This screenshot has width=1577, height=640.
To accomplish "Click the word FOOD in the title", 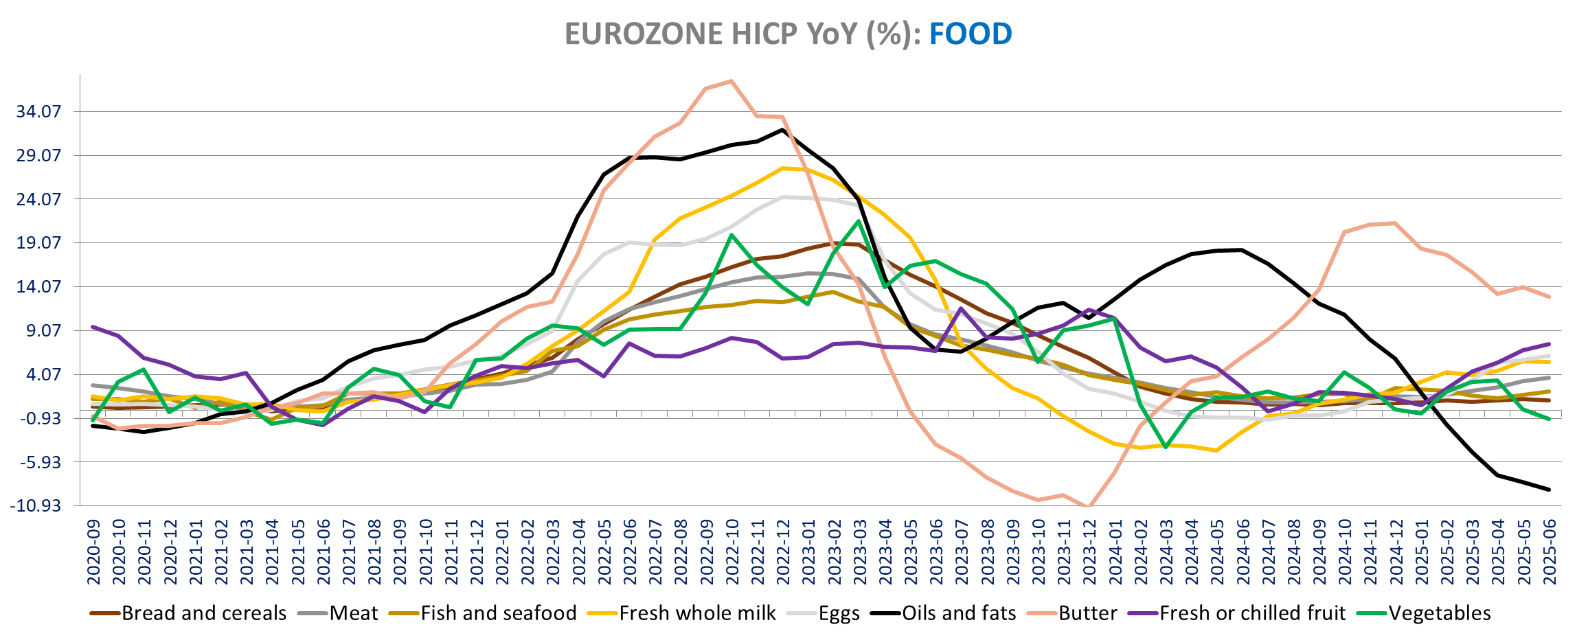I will click(x=970, y=34).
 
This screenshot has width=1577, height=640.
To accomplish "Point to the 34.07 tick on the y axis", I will click(x=38, y=111).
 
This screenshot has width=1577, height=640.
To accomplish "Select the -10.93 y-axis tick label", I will click(x=36, y=506).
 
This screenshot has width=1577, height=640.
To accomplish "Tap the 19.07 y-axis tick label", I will click(x=38, y=243).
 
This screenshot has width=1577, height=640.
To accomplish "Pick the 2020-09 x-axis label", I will click(x=93, y=551).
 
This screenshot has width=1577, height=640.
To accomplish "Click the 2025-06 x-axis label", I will click(x=1550, y=551).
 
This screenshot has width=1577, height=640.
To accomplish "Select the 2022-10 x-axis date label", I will click(x=732, y=551).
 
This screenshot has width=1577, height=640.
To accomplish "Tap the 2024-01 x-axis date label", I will click(x=1115, y=551).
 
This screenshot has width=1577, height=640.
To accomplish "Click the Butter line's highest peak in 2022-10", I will click(x=732, y=81).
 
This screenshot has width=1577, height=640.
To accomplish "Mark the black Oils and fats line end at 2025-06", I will click(x=1550, y=490).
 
